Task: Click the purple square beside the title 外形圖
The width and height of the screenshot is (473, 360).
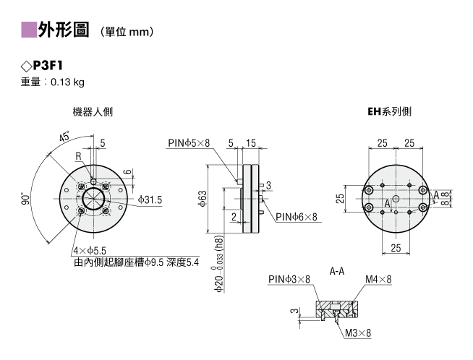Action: click(x=29, y=30)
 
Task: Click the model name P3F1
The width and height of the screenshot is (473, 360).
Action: click(x=48, y=66)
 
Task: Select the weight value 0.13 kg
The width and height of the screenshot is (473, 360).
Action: click(x=67, y=82)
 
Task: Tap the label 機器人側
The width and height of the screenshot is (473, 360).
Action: click(x=93, y=112)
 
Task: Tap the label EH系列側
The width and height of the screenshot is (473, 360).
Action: click(x=389, y=111)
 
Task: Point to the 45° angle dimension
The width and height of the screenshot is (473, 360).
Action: click(x=64, y=137)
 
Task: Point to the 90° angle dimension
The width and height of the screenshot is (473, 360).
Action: click(x=26, y=198)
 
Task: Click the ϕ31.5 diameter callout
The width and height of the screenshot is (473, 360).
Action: click(x=150, y=200)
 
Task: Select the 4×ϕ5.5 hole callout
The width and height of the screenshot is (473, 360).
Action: click(x=90, y=251)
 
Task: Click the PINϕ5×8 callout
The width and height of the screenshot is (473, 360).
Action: click(x=189, y=142)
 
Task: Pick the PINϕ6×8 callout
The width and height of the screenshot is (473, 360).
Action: click(x=297, y=216)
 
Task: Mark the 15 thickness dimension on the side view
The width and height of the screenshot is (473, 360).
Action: click(x=251, y=143)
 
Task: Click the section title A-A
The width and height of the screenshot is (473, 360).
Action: click(x=336, y=271)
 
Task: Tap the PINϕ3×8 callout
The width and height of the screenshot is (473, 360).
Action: click(x=289, y=279)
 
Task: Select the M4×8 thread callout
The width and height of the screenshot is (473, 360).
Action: click(x=378, y=279)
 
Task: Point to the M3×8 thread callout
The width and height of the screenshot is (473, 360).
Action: click(x=358, y=333)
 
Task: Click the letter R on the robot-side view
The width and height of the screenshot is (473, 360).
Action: click(x=78, y=156)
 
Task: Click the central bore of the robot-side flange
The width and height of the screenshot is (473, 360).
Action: click(x=94, y=199)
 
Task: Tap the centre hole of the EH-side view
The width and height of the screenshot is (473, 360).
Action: click(x=396, y=198)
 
